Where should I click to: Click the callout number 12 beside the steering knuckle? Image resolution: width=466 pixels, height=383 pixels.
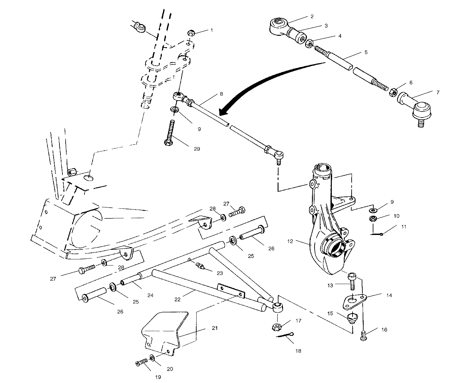tap(290, 241)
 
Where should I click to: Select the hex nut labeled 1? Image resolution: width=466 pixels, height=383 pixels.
tap(191, 33)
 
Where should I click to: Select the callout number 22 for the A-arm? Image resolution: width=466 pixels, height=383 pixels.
tap(177, 299)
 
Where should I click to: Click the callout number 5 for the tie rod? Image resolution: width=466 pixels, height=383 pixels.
tap(366, 52)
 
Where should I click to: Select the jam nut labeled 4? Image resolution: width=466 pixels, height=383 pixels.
tap(310, 43)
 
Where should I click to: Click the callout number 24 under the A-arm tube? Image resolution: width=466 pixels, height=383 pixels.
tap(150, 296)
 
